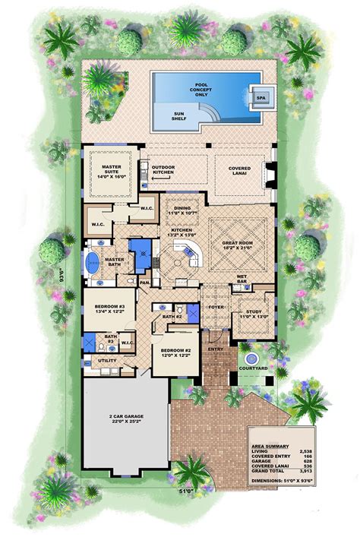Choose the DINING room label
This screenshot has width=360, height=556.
tap(182, 210)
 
